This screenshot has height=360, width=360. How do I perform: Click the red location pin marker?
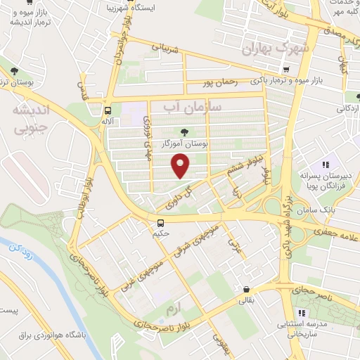pos(181,166)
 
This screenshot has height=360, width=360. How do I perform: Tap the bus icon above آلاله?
pos(108,110)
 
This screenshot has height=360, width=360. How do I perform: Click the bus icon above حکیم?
pos(161,224)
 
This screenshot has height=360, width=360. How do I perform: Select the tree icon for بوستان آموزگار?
pos(185,131)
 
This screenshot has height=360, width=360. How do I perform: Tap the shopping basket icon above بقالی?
pos(246,289)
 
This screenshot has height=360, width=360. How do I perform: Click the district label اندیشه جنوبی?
pos(34,120)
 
